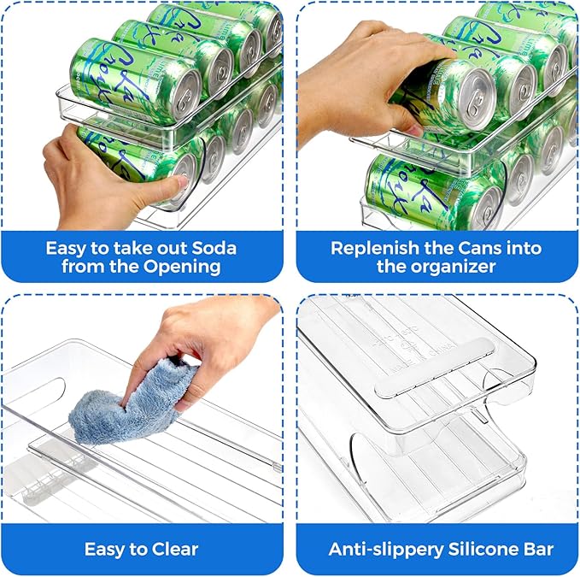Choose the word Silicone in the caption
point(484,549)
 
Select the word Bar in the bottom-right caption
point(537,549)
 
